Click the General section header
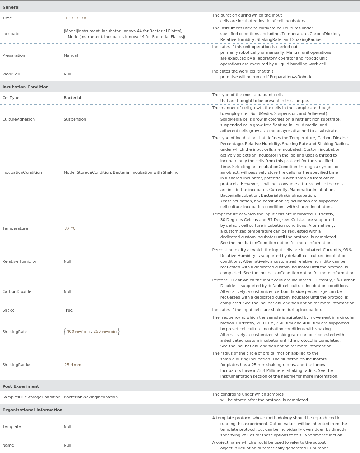[x=11, y=7]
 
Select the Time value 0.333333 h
[x=75, y=18]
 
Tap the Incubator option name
[x=11, y=34]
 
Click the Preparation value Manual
[x=71, y=55]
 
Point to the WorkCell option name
[x=11, y=74]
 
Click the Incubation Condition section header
[x=25, y=87]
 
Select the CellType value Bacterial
[x=72, y=98]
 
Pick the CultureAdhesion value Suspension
[x=75, y=119]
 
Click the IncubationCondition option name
[x=22, y=172]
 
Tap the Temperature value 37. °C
[x=70, y=228]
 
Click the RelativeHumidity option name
[x=19, y=261]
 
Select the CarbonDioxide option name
[x=17, y=291]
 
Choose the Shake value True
[x=68, y=310]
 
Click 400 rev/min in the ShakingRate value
[x=78, y=331]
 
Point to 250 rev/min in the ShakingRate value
[x=105, y=331]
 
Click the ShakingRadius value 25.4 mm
[x=73, y=365]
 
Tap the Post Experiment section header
[x=20, y=386]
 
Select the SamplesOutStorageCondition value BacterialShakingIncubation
[x=90, y=397]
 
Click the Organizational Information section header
[x=32, y=410]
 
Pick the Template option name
[x=11, y=426]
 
